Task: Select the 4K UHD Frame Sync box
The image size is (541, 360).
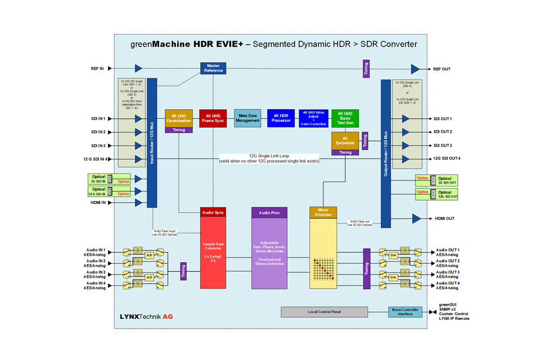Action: (x=213, y=118)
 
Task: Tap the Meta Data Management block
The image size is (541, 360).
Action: (x=248, y=118)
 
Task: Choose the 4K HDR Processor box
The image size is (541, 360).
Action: (x=281, y=118)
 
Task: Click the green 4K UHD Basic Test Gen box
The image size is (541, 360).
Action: (x=345, y=118)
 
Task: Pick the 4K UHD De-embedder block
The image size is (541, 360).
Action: (x=179, y=118)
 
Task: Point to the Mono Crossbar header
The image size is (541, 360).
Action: (x=323, y=212)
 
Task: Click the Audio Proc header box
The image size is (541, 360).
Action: (x=269, y=212)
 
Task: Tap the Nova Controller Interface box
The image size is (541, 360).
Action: (x=405, y=312)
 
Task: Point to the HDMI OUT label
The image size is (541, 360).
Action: (x=444, y=218)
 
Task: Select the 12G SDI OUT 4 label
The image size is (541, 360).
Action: (x=447, y=158)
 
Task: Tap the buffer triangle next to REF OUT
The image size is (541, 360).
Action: (x=415, y=69)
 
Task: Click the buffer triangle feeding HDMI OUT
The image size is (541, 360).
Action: (x=416, y=218)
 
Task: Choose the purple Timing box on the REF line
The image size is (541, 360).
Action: (x=366, y=68)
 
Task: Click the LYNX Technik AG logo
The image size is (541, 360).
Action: (x=146, y=316)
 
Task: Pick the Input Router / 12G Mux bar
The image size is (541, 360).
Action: (x=152, y=143)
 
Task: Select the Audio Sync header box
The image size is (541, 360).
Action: (x=213, y=212)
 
